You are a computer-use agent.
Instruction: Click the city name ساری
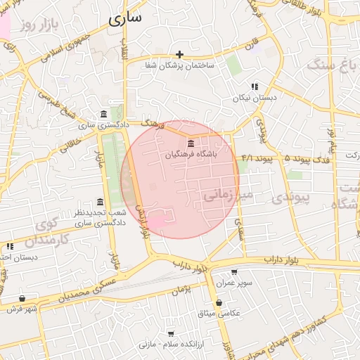point(126,18)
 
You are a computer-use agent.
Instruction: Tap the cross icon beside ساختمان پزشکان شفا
point(180,54)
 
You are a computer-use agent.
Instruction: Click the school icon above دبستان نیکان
point(254,86)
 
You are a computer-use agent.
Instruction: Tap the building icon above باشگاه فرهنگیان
point(191,143)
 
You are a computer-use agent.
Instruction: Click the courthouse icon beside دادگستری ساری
point(104,114)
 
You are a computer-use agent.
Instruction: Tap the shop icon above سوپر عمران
point(234,272)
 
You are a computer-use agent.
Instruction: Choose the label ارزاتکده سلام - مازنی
point(171,345)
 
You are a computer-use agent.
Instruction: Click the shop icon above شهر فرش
point(22,299)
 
